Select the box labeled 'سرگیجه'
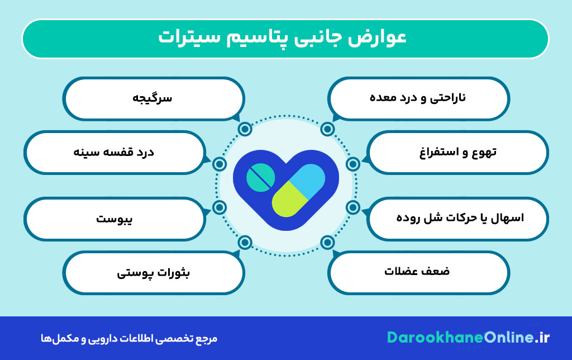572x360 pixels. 153,98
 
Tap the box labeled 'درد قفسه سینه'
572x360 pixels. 115,152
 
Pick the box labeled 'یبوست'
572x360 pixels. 115,219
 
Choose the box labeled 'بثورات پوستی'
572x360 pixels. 153,273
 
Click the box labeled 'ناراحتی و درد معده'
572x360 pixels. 418,98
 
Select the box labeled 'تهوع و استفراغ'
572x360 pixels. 458,152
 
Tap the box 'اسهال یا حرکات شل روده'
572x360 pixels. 458,219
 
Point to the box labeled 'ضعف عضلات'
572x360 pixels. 418,273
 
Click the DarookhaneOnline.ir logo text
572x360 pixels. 468,338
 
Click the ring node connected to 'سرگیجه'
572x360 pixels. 244,130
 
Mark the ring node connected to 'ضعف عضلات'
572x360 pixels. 328,243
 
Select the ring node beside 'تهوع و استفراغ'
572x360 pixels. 352,164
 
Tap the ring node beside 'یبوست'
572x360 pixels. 220,208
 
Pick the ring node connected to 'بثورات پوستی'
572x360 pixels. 244,243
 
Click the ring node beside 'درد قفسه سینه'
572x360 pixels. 220,164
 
